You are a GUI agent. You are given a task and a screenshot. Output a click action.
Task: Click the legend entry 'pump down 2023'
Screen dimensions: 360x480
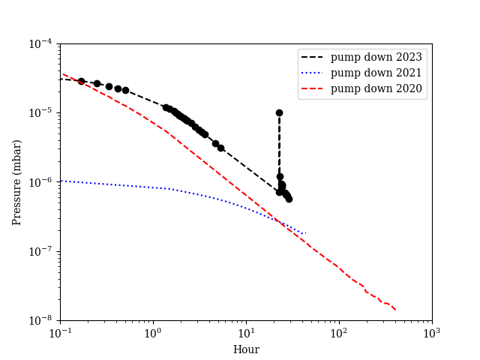376,57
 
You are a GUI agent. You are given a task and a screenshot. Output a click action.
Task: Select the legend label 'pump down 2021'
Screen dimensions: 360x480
376,73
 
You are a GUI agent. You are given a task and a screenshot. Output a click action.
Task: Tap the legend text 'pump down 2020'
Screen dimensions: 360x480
376,88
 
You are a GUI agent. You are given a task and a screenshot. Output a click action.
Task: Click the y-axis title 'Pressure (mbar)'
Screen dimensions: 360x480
16,182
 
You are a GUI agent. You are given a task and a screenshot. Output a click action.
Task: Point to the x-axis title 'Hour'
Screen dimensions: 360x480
246,349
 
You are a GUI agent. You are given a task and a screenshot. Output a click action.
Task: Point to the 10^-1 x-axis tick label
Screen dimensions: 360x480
60,333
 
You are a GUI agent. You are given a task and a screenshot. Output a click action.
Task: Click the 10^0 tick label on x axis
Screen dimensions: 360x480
153,333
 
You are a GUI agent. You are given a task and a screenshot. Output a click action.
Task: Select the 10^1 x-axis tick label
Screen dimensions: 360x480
246,333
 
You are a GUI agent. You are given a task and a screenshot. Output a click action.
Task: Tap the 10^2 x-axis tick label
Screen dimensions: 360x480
339,333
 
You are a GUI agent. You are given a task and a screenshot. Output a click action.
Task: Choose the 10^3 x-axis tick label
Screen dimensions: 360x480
432,333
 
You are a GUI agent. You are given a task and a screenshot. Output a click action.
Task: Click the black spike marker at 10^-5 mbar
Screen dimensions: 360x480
279,112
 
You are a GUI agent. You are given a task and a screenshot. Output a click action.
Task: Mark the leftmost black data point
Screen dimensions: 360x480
81,81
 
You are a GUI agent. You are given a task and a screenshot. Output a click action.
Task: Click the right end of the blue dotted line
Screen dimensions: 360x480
305,233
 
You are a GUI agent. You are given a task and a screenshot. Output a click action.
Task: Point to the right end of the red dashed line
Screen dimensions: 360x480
395,310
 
